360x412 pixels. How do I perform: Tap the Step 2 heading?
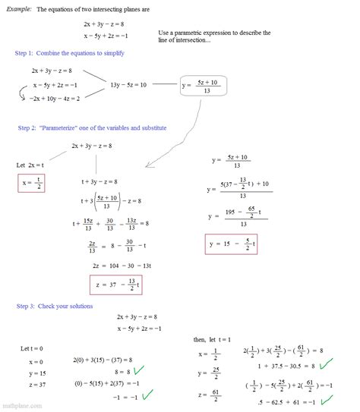[x=92, y=127]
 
